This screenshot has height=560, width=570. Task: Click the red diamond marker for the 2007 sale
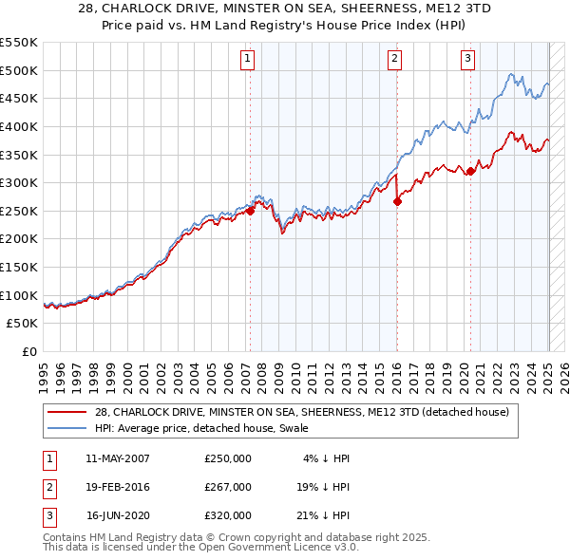[x=251, y=211]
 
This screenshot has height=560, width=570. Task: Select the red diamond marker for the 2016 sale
[x=398, y=200]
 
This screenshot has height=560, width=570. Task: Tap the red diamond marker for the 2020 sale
[x=470, y=171]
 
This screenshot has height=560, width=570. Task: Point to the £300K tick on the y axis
[x=19, y=182]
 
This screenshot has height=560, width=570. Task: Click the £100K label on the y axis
[x=19, y=295]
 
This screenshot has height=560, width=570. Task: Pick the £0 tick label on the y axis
[x=28, y=351]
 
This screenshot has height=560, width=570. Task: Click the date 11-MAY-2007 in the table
[x=118, y=458]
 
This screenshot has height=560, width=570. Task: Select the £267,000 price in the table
[x=228, y=487]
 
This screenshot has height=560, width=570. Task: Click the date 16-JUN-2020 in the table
[x=118, y=515]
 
